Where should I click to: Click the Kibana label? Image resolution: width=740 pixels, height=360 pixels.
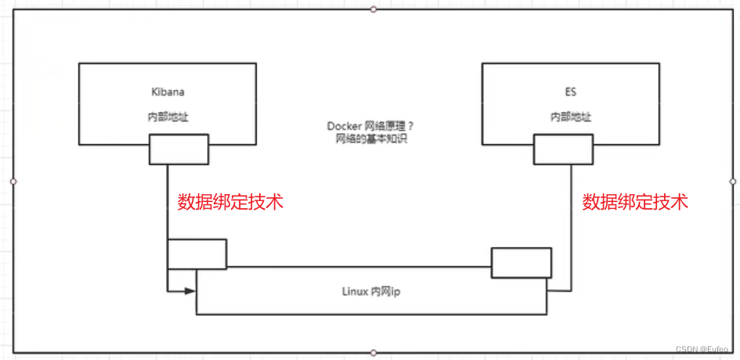coord(168,92)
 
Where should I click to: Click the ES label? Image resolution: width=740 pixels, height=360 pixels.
coord(570,92)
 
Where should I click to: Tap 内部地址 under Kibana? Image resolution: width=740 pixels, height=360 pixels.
coord(168,117)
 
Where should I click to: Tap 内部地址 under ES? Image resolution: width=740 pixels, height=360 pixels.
coord(570,117)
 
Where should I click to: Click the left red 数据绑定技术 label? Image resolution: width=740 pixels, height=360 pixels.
coord(230,202)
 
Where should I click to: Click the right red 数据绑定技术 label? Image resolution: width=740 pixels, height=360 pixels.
coord(635,202)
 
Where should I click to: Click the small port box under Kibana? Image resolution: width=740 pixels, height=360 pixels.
coord(179,149)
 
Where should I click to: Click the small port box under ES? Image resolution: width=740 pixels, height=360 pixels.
coord(563,149)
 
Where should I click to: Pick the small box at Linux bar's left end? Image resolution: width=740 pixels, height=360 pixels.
coord(197,254)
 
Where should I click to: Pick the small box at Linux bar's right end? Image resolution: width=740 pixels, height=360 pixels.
coord(521,262)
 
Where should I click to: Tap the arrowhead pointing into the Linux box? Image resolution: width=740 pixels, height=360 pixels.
coord(190,291)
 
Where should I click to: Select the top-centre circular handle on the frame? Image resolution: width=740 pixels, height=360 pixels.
coord(374,9)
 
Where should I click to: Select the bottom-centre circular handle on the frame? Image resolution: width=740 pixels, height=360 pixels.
coord(374,353)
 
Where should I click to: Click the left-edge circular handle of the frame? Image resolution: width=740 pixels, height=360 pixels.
coord(13,181)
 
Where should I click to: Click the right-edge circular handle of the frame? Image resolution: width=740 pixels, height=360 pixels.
coord(733,181)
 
